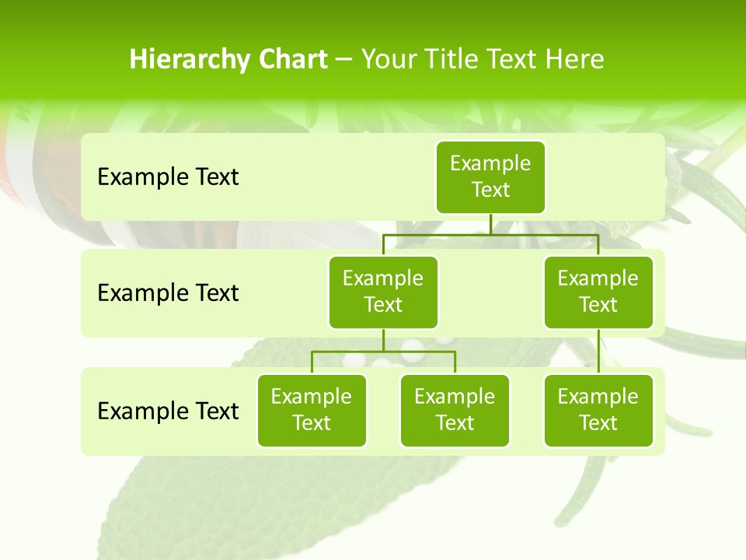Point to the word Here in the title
(x=574, y=59)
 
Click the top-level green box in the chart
(x=490, y=177)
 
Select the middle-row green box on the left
(x=383, y=292)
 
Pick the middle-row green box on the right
(x=598, y=292)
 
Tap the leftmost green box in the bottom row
(x=312, y=410)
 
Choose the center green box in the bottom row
(x=455, y=410)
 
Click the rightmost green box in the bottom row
(x=598, y=410)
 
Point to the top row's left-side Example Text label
(x=168, y=177)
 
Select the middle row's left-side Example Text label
(x=168, y=292)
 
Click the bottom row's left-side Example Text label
(x=168, y=411)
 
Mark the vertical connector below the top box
(x=490, y=224)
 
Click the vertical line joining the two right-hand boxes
(x=598, y=351)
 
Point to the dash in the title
(x=344, y=59)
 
